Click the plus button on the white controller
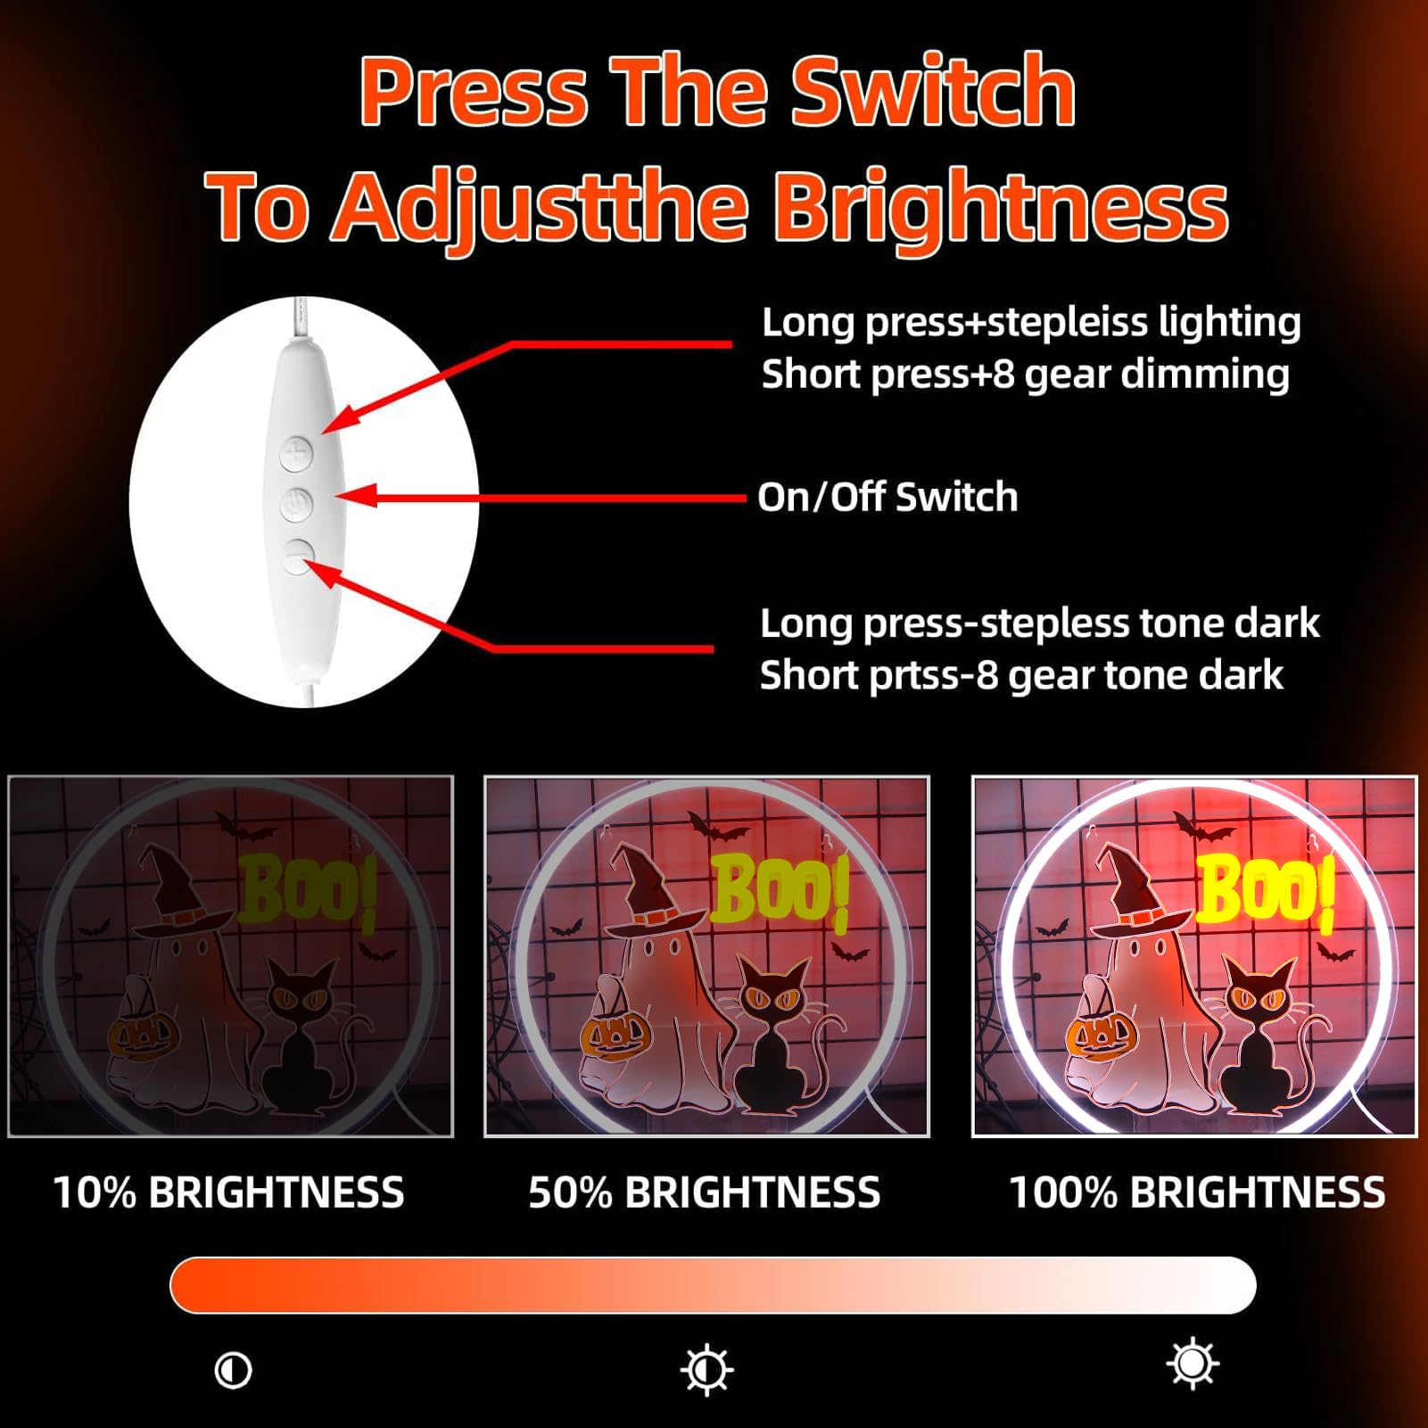tap(296, 454)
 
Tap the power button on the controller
tap(296, 505)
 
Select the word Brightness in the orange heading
tap(1001, 209)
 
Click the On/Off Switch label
tap(887, 497)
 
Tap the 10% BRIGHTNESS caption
tap(228, 1193)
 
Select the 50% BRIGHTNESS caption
tap(704, 1193)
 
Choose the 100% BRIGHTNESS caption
tap(1197, 1193)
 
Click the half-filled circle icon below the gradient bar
tap(234, 1369)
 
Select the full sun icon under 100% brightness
tap(1193, 1364)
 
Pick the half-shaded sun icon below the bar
tap(707, 1369)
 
